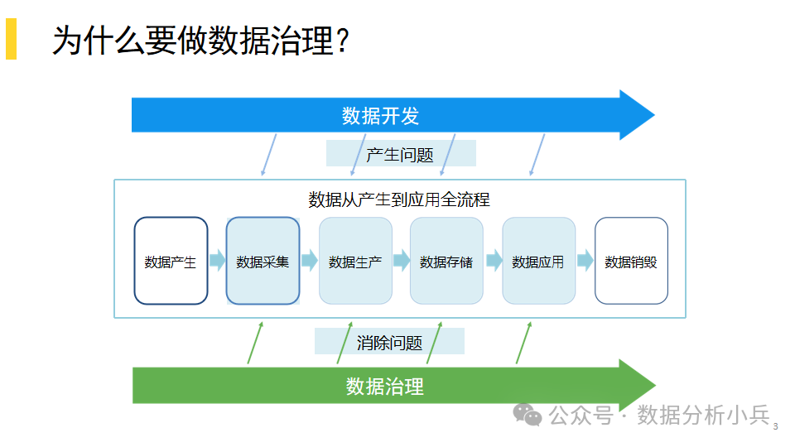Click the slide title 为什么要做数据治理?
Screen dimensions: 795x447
point(200,40)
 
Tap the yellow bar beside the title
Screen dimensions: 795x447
point(11,39)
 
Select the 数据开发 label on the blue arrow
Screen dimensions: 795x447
point(380,116)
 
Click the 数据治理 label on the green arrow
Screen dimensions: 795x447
point(385,387)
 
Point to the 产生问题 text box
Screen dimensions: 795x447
point(401,153)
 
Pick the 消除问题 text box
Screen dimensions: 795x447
point(389,341)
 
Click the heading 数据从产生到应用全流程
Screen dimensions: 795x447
point(399,199)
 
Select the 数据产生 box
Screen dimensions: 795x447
point(171,261)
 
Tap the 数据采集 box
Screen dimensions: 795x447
point(263,261)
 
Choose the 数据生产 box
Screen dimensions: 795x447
point(355,261)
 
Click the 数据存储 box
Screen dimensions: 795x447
point(446,261)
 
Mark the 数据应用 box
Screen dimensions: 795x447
point(538,261)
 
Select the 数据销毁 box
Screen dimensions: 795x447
point(631,261)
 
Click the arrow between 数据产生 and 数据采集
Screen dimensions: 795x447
point(218,260)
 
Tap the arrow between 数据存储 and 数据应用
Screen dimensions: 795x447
point(494,260)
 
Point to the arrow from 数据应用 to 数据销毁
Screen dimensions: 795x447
point(585,260)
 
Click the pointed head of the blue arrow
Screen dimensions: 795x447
point(654,115)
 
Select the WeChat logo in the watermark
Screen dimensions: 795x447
point(528,415)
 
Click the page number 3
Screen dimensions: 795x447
point(775,427)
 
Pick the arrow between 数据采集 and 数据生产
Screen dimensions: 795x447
point(309,260)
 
